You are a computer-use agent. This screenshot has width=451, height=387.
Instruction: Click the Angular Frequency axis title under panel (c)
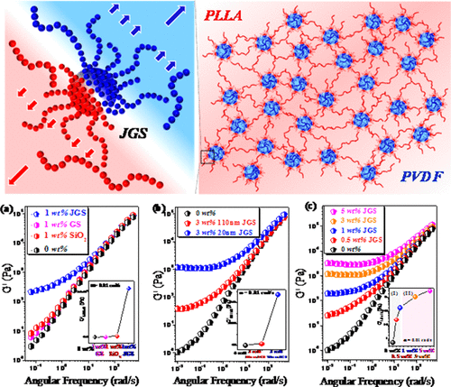click(x=379, y=379)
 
